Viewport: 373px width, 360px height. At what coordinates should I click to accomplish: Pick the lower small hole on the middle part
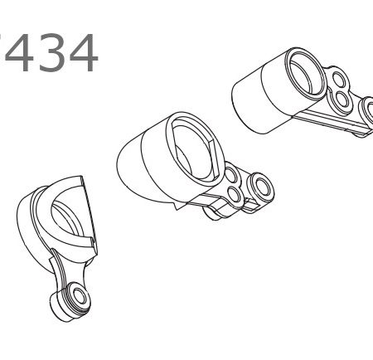point(235,195)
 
